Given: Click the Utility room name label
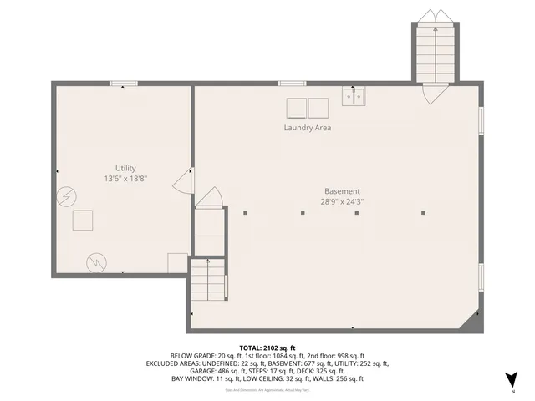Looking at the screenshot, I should [125, 168].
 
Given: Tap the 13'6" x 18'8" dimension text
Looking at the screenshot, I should [125, 179].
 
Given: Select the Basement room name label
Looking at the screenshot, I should [342, 190].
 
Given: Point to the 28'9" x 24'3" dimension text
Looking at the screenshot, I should [342, 201].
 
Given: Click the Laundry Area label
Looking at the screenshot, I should [308, 129].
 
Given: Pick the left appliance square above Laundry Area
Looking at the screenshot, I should [297, 108].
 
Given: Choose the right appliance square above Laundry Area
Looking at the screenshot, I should [318, 108].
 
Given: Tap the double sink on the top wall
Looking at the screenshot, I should [353, 98].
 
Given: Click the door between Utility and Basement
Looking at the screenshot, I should [184, 183].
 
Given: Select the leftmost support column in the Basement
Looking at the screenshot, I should [246, 213].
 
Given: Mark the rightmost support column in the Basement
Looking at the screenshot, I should [414, 213].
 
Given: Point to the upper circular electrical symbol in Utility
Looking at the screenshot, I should [64, 197].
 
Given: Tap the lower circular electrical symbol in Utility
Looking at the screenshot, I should [97, 263].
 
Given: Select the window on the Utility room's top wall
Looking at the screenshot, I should [124, 83].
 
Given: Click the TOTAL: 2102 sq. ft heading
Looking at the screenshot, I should [267, 348].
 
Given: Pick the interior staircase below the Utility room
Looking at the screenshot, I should [207, 282].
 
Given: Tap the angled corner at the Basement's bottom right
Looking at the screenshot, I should [474, 321].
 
